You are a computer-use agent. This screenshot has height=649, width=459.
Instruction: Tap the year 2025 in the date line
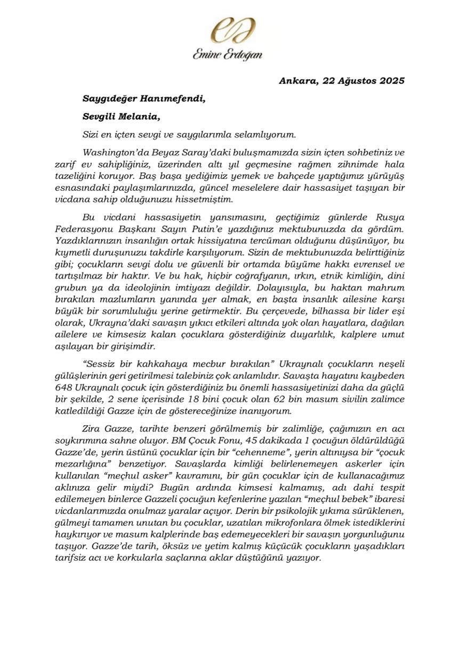coord(390,82)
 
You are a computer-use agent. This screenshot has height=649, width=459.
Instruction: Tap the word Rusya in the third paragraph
coord(390,217)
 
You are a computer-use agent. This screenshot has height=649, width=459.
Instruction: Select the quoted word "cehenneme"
coord(261,453)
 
